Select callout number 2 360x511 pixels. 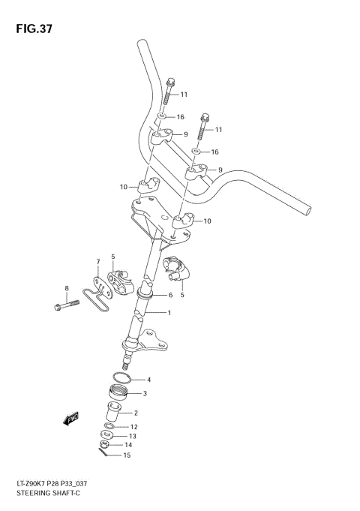pyautogui.click(x=136, y=412)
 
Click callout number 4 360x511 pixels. pyautogui.click(x=148, y=380)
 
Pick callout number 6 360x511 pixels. pyautogui.click(x=170, y=295)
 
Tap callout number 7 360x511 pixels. pyautogui.click(x=97, y=262)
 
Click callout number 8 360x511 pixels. pyautogui.click(x=67, y=288)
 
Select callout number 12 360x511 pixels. pyautogui.click(x=133, y=427)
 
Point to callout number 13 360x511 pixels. pyautogui.click(x=132, y=436)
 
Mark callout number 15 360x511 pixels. pyautogui.click(x=127, y=455)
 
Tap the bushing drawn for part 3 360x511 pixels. pyautogui.click(x=119, y=392)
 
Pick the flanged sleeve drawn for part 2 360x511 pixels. pyautogui.click(x=113, y=412)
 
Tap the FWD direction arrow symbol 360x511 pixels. pyautogui.click(x=71, y=419)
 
